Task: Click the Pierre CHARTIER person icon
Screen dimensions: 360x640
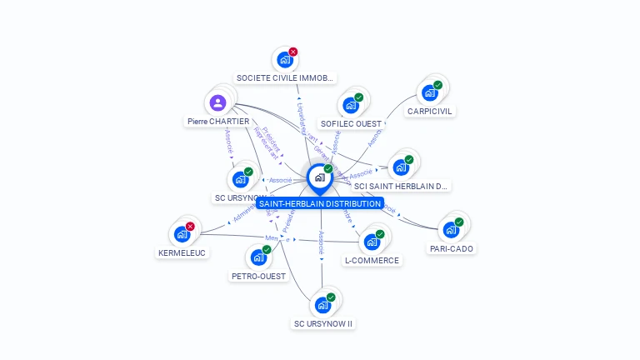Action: [x=217, y=103]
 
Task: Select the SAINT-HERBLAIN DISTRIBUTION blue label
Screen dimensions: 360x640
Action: [x=320, y=203]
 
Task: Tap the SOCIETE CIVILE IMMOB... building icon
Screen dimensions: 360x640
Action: [x=285, y=60]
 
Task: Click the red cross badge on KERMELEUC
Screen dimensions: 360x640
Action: [x=190, y=227]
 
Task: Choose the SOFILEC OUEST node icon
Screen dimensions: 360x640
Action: [x=350, y=105]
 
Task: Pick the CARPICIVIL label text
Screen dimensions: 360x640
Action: [x=431, y=111]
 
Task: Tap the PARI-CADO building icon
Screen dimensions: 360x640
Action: [x=451, y=229]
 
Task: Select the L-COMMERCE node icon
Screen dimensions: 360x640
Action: [x=372, y=242]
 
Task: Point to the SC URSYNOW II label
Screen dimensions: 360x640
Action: [x=323, y=323]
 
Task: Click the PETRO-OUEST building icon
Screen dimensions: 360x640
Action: [x=258, y=257]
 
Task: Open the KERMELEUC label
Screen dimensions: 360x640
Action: [x=182, y=252]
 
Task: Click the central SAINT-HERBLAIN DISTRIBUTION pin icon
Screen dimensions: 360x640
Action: [x=319, y=177]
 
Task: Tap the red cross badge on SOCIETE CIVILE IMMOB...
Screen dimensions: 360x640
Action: [x=293, y=52]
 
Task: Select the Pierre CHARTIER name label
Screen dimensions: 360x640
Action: [x=218, y=122]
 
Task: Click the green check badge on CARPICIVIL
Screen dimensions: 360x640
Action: [x=438, y=85]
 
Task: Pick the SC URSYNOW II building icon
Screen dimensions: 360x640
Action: [x=322, y=305]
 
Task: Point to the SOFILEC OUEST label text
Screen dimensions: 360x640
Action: [x=351, y=124]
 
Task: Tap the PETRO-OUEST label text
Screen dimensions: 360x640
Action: [x=258, y=277]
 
